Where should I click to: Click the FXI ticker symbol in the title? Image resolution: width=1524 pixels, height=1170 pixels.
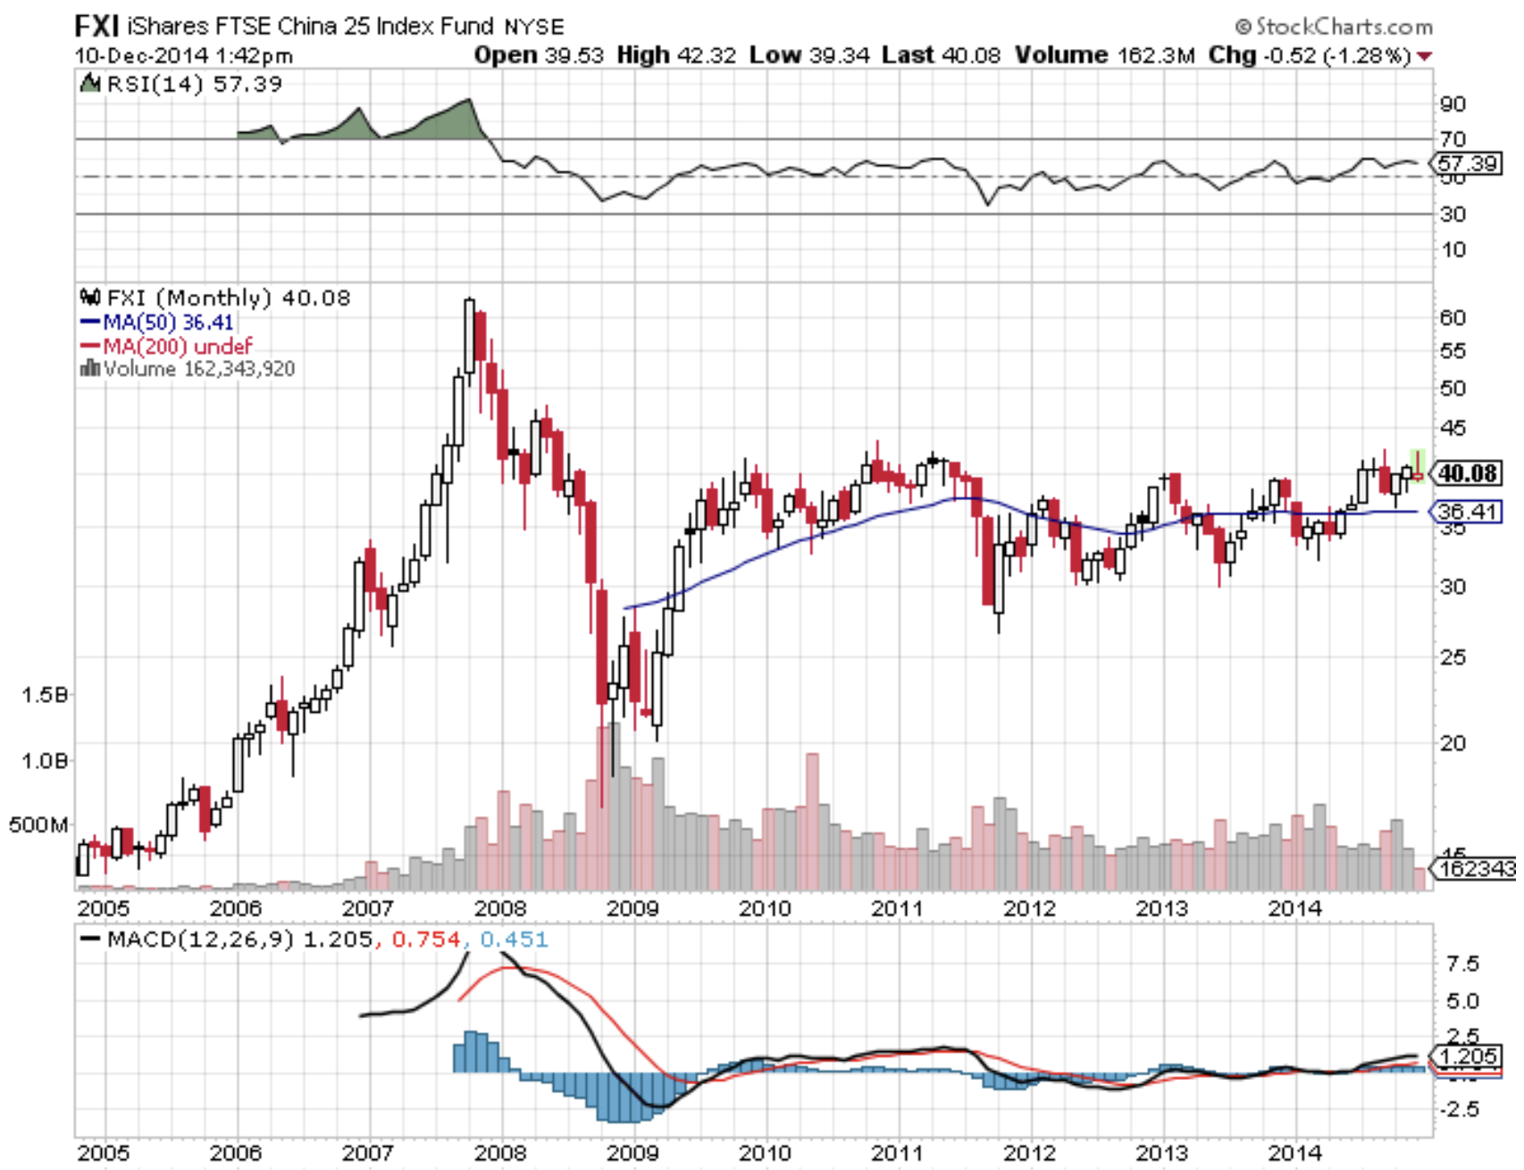(96, 25)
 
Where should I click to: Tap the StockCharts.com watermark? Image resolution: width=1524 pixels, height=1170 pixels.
(1334, 27)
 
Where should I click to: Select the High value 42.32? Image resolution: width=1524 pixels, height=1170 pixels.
(707, 55)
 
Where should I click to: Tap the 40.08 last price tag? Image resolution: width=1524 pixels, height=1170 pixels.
(1467, 472)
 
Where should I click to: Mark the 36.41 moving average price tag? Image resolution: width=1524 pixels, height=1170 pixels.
(1467, 512)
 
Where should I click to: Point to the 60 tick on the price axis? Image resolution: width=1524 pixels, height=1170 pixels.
(1453, 318)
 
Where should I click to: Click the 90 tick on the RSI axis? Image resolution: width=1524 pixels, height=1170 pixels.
(1453, 104)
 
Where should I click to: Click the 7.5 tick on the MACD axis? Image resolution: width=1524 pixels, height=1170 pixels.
(1461, 964)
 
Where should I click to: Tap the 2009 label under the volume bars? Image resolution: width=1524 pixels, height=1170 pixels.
(632, 908)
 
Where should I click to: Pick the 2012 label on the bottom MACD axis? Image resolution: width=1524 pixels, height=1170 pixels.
(1029, 1153)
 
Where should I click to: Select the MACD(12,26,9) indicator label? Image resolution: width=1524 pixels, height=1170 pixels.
(200, 940)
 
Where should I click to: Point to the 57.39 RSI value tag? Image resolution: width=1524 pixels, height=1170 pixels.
(1467, 163)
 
